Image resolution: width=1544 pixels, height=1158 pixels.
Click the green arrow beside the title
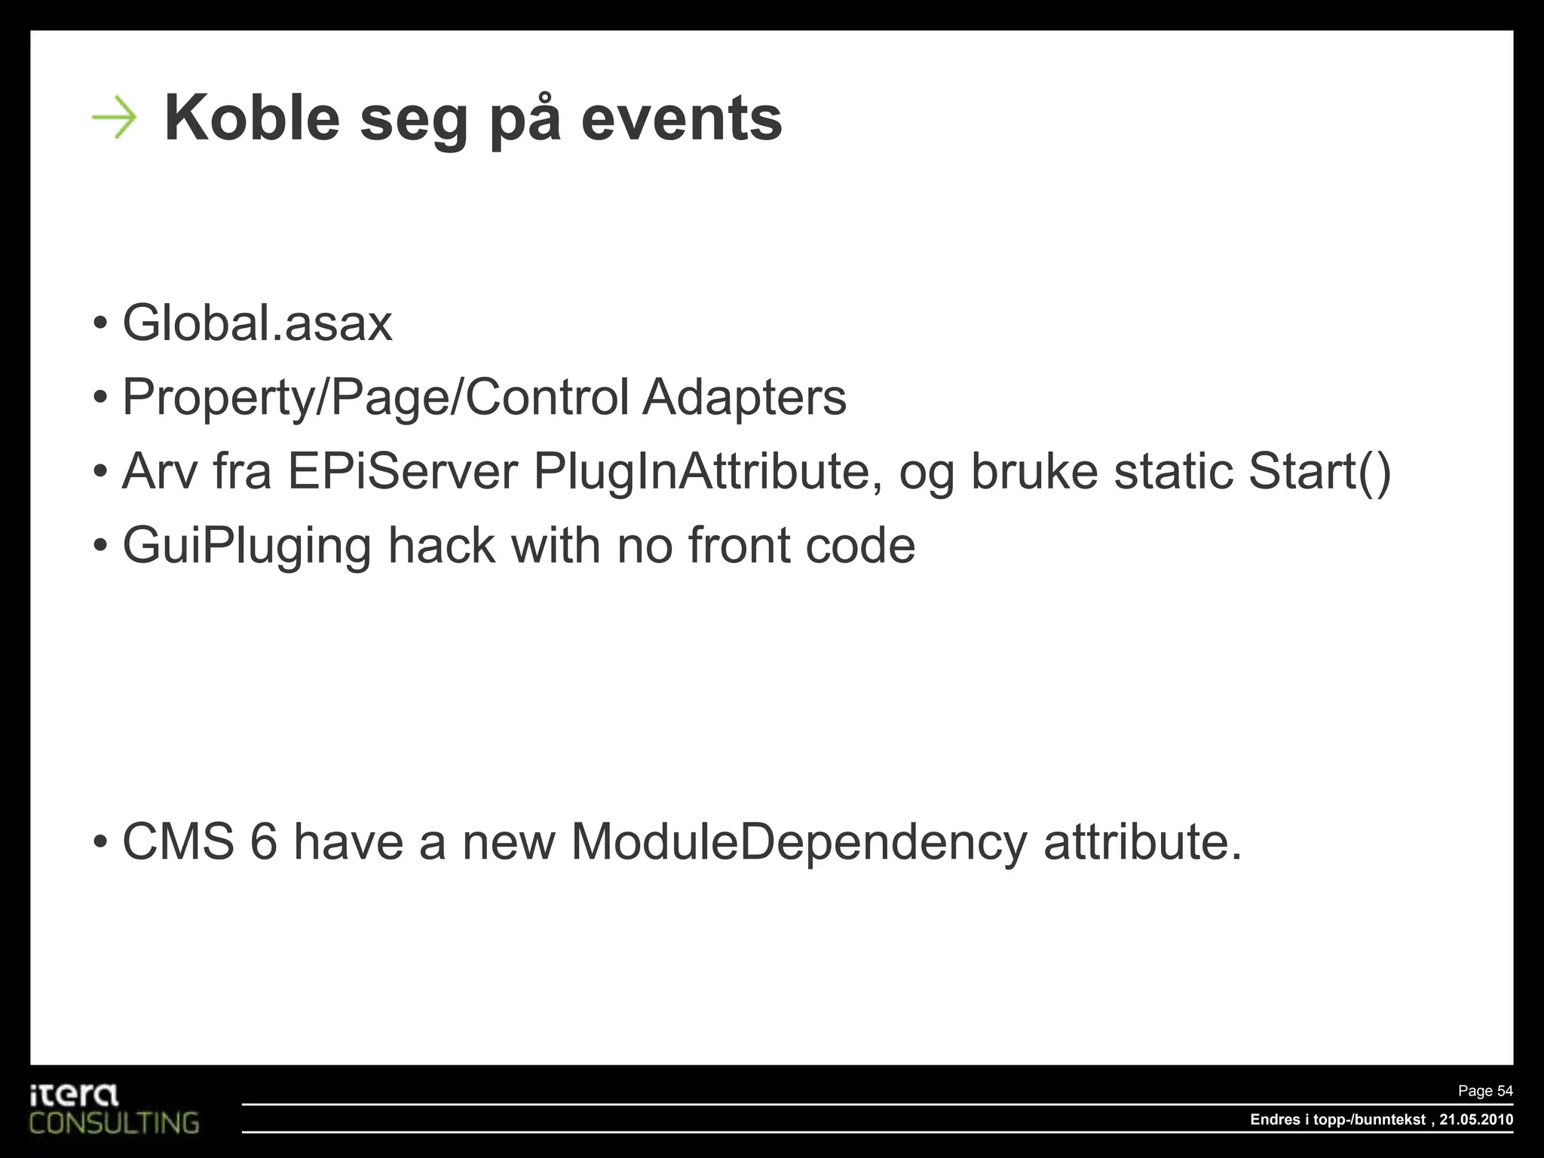(x=114, y=118)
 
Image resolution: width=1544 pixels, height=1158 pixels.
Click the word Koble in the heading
(x=252, y=118)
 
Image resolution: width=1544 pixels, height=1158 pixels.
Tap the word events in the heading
(x=682, y=118)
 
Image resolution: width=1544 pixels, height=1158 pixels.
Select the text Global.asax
(x=257, y=323)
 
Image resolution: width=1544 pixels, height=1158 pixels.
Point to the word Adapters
(x=744, y=397)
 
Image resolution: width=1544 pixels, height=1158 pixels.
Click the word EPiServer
(x=403, y=471)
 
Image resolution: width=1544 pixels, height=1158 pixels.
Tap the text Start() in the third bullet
(x=1319, y=471)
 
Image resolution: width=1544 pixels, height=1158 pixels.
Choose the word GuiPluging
(x=247, y=546)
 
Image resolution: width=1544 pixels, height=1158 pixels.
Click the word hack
(x=441, y=546)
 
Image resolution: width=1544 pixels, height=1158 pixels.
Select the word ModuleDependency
(x=798, y=841)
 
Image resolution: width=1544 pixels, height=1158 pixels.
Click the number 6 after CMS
(x=264, y=841)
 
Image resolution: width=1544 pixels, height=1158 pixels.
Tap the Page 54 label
(x=1485, y=1091)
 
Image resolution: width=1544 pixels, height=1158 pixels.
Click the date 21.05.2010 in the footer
(x=1475, y=1120)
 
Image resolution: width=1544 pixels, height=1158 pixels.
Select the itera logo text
(x=74, y=1095)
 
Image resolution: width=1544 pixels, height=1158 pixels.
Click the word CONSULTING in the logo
(x=115, y=1123)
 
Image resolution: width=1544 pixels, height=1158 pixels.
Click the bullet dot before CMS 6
(x=100, y=843)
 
